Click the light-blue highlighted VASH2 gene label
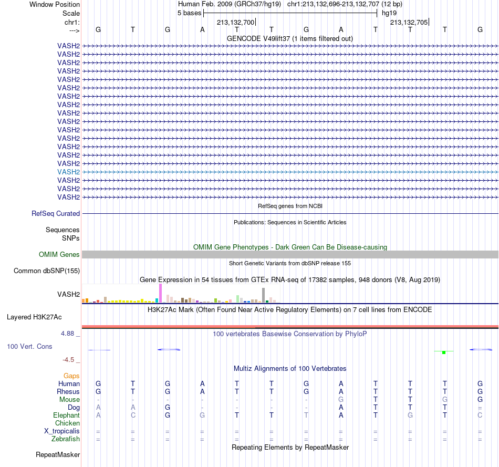tap(68, 172)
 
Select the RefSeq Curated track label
tap(56, 214)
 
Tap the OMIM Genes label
tap(59, 254)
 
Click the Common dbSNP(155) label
tap(47, 271)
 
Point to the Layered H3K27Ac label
tap(34, 317)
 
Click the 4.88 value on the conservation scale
tap(67, 333)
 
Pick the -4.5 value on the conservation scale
tap(68, 360)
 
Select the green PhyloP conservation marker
tap(444, 352)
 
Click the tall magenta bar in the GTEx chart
tap(160, 293)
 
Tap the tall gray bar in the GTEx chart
tap(264, 295)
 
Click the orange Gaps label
tap(71, 376)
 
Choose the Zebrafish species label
tap(66, 439)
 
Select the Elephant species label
tap(67, 416)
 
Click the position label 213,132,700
tap(235, 22)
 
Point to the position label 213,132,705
tap(409, 22)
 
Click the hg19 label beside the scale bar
tap(389, 13)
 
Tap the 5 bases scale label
tap(189, 13)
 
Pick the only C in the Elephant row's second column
tap(133, 416)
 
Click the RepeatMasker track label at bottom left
tap(58, 454)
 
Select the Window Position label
tap(55, 4)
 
